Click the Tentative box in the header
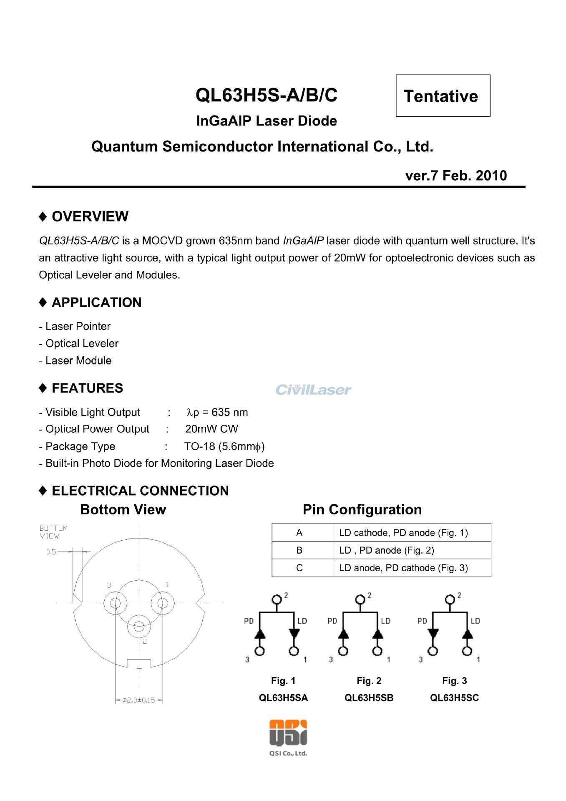pos(443,96)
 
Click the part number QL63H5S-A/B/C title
pos(266,95)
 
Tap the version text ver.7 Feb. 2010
pos(455,176)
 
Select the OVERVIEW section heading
pos(90,217)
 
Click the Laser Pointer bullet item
pos(78,326)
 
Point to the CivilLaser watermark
pos(313,390)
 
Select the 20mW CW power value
pos(211,429)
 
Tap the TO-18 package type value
pos(224,446)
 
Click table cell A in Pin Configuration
pos(299,533)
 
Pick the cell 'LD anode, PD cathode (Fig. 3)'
pos(403,568)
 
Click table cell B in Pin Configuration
pos(299,550)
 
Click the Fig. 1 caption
pos(283,681)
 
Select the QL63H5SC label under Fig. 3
pos(454,698)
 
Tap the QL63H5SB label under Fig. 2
pos(369,698)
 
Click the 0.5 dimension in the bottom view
pos(51,552)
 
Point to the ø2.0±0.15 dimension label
pos(138,700)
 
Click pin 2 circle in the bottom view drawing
pos(139,626)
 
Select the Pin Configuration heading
pos(362,509)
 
